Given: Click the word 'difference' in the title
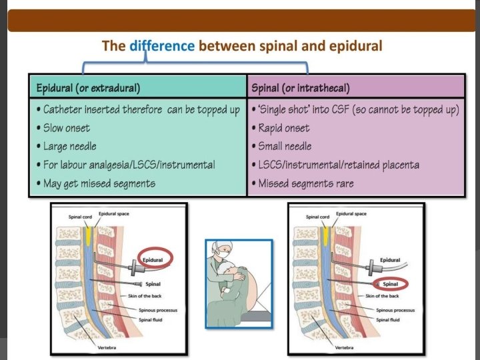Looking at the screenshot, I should (162, 46).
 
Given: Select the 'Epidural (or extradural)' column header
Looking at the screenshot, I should (88, 87).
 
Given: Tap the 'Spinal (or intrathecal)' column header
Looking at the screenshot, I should (301, 87).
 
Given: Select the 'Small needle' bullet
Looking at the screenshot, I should (281, 146).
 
